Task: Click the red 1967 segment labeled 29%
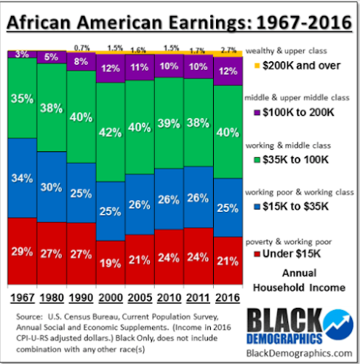pos(23,251)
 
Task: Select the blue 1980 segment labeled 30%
pos(52,187)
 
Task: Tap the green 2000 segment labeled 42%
pos(111,132)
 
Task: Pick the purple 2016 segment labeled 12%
pos(228,71)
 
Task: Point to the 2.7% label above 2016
pos(228,50)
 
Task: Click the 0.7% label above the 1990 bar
pos(81,48)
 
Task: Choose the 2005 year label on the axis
pos(140,298)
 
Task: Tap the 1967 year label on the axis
pos(23,298)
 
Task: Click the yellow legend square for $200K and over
pos(257,66)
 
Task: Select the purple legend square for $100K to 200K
pos(257,113)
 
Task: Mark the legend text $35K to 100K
pos(295,159)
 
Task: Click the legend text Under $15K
pos(292,253)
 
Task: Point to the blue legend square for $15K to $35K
pos(257,207)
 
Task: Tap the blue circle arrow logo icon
pos(339,325)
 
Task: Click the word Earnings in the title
pos(210,23)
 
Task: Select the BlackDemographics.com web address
pos(299,353)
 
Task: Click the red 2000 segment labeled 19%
pos(111,263)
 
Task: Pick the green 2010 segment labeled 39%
pos(169,123)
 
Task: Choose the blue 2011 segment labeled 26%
pos(199,197)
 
